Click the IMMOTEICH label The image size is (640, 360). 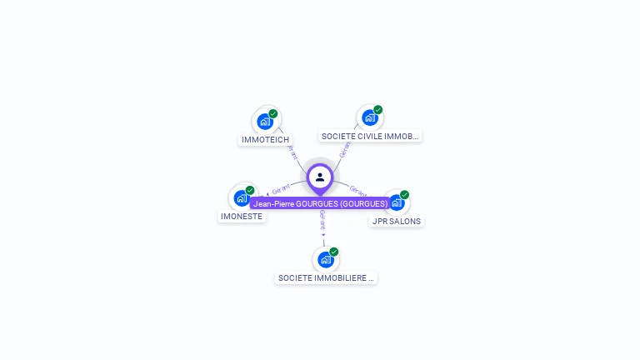[x=265, y=140]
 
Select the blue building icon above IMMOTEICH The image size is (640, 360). [x=265, y=122]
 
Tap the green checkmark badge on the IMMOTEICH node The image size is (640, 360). [x=273, y=114]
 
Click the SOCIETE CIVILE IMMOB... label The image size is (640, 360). [x=370, y=136]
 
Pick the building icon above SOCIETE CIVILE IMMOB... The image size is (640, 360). [x=369, y=117]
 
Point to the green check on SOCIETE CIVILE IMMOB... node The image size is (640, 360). [x=377, y=110]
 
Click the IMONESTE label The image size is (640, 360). [x=242, y=217]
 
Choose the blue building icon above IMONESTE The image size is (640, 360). [x=241, y=198]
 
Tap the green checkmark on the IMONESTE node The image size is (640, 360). [x=250, y=191]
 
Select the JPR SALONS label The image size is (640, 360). [x=397, y=222]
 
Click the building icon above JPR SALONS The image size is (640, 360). [x=397, y=202]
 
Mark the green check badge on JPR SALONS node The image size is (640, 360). [x=404, y=195]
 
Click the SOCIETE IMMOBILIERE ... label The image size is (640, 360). [x=326, y=278]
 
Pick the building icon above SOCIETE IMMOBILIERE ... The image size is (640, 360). [x=325, y=259]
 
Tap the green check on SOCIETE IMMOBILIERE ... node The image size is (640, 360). [x=333, y=252]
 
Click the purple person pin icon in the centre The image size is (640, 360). [x=320, y=177]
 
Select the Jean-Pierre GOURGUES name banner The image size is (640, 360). [x=321, y=203]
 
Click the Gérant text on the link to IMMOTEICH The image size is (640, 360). [x=292, y=152]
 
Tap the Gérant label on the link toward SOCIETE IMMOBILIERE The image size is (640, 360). [x=322, y=221]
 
